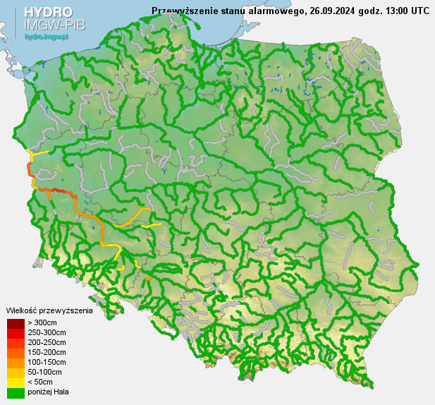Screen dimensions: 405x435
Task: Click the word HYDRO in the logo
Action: click(x=47, y=12)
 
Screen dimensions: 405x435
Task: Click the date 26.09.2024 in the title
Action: click(x=331, y=11)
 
